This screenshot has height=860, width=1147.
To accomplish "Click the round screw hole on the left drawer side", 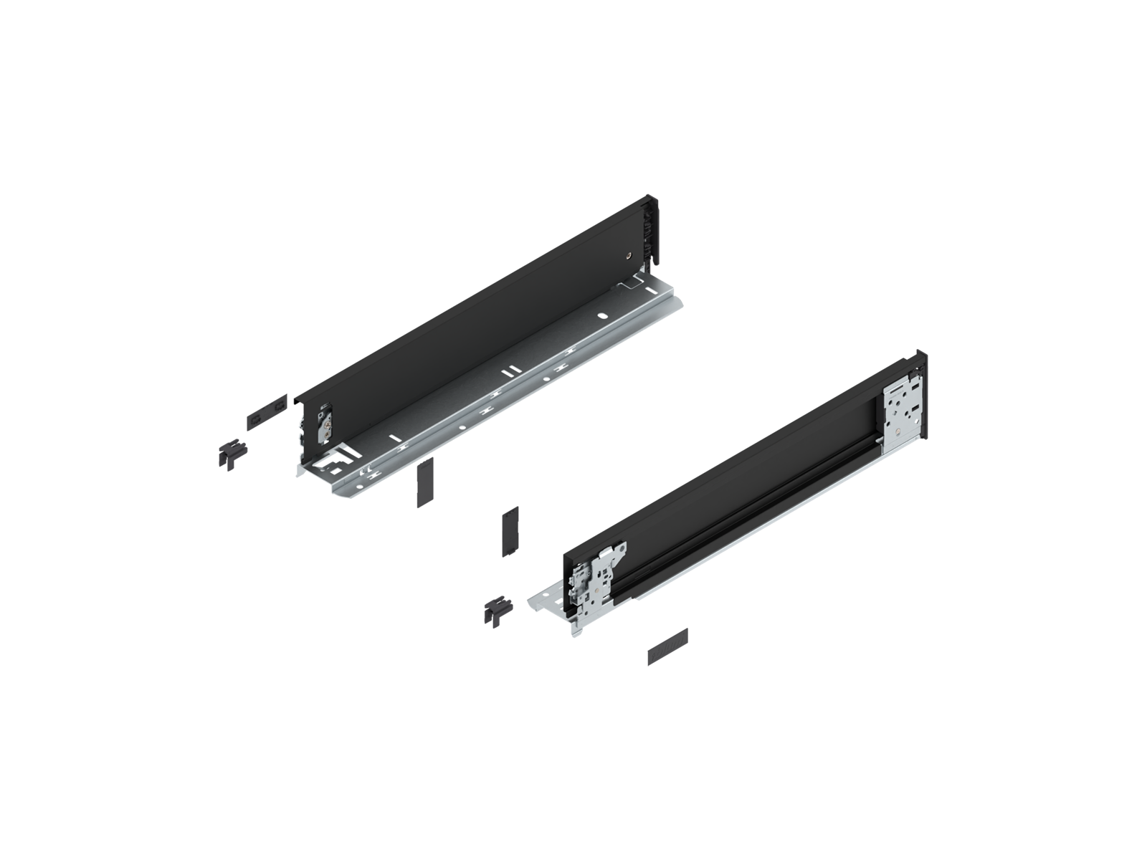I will [x=629, y=254].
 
